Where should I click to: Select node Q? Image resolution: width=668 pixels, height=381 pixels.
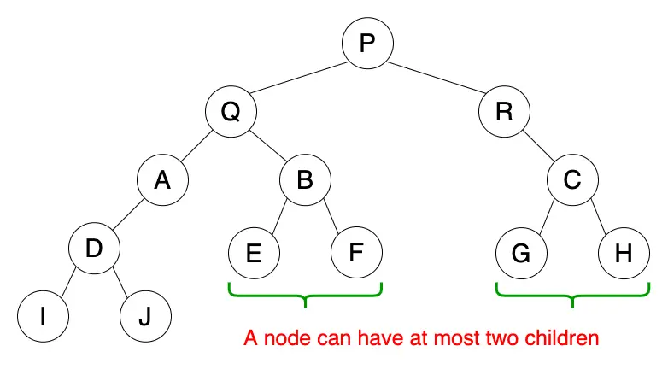(x=231, y=112)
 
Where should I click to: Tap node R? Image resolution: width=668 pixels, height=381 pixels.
(x=504, y=112)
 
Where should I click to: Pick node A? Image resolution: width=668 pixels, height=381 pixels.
(x=162, y=181)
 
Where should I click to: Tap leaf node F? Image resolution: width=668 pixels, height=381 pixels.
(x=357, y=254)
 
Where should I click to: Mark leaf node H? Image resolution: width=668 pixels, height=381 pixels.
(x=624, y=254)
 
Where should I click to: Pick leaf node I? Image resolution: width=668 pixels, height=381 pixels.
(x=43, y=317)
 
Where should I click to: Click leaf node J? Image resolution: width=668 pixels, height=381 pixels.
(x=145, y=317)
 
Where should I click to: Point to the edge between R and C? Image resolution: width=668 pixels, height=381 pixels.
(x=538, y=146)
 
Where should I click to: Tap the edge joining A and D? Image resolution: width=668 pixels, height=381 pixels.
(x=128, y=215)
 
